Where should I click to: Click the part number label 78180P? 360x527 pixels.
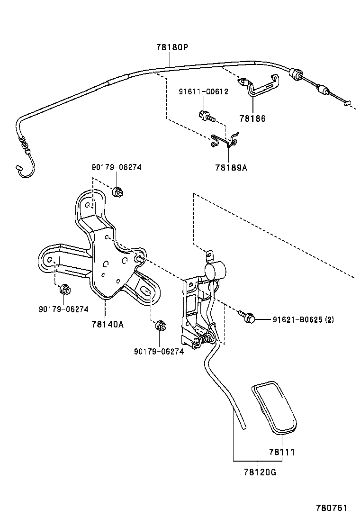(172, 47)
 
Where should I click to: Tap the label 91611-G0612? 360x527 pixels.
(203, 91)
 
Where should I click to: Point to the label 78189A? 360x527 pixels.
(231, 167)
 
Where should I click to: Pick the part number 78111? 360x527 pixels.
(282, 452)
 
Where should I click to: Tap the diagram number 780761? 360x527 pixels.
(332, 508)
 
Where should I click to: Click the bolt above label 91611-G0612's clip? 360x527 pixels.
(206, 115)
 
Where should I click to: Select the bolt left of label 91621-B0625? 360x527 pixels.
(247, 317)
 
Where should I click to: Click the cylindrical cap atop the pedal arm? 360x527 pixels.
(215, 272)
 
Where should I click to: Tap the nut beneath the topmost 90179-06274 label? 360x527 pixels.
(117, 192)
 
